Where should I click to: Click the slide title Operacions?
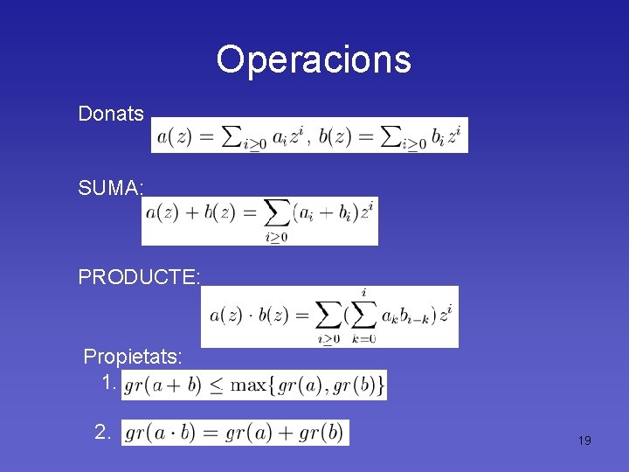[x=314, y=59]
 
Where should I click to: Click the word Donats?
[x=111, y=114]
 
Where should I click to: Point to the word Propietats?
[x=133, y=357]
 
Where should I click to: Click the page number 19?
[x=584, y=441]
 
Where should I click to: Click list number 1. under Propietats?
[x=108, y=383]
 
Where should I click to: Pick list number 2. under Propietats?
[x=103, y=432]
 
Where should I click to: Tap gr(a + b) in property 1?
[x=165, y=385]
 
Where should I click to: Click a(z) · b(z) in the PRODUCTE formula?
[x=249, y=316]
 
